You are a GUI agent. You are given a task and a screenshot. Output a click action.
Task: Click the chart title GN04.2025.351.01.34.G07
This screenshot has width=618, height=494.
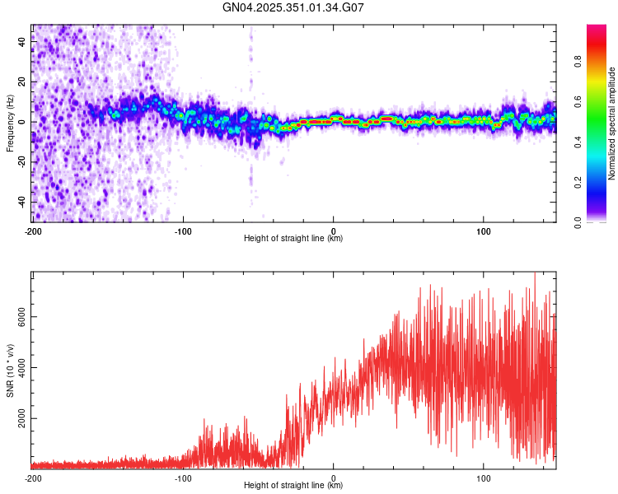click(x=294, y=8)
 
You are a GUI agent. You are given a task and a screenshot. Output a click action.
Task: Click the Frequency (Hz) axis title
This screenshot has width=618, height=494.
click(x=10, y=123)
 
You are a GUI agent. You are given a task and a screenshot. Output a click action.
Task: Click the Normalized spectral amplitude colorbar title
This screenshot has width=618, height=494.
click(x=611, y=123)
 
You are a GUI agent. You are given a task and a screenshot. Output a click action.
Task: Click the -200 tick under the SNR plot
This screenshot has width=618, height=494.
click(x=33, y=478)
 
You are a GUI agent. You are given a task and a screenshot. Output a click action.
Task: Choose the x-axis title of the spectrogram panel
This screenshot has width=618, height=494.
click(x=293, y=239)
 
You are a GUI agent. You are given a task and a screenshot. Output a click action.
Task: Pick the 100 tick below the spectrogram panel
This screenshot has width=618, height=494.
click(x=484, y=231)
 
